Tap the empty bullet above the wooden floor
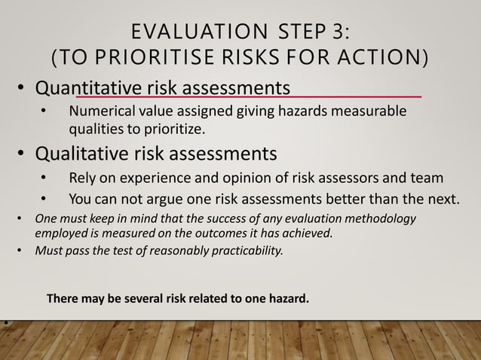[x=5, y=323]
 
